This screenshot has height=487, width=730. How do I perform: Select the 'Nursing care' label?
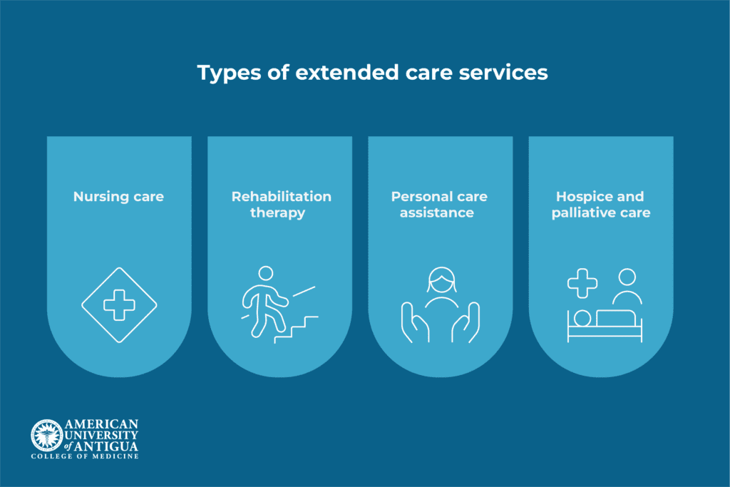(x=118, y=197)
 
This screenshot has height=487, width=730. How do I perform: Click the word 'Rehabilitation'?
(x=281, y=197)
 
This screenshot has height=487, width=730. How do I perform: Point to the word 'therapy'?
(x=277, y=213)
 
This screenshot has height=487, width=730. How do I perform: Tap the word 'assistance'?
(x=437, y=212)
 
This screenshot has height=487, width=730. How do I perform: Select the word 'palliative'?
(x=583, y=213)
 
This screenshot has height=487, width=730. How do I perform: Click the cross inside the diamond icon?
(x=119, y=305)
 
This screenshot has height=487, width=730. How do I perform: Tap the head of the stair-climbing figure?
(x=266, y=273)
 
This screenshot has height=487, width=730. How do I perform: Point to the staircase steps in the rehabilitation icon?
(x=296, y=329)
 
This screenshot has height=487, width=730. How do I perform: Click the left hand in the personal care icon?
(x=414, y=323)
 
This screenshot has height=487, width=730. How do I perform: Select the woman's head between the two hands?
(x=442, y=281)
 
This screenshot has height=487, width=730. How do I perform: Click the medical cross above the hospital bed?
(x=582, y=283)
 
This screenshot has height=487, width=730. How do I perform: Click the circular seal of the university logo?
(x=46, y=436)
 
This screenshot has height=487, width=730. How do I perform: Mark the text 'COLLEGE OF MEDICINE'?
(x=85, y=456)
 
